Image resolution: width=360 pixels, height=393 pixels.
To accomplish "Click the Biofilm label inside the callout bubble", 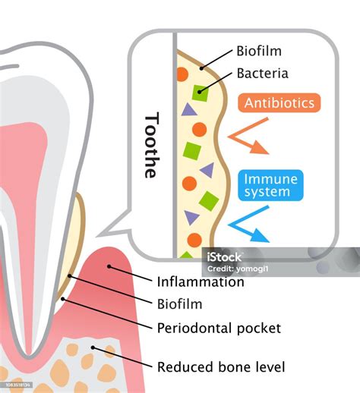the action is pos(259,51).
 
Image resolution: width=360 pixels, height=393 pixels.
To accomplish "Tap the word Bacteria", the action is pos(262,74).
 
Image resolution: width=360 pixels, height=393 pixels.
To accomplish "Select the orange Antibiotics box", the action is pos(279,102).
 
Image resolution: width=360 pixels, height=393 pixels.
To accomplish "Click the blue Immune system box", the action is pos(270,185).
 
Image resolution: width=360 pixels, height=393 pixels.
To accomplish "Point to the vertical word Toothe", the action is pos(152,145).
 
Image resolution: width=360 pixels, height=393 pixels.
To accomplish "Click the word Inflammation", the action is pos(201,281).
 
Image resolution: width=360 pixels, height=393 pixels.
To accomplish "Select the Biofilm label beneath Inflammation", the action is pos(179,304).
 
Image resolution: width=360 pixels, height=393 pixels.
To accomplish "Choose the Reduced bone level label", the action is pos(221,367).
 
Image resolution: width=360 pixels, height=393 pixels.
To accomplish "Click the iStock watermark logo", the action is pos(224,257).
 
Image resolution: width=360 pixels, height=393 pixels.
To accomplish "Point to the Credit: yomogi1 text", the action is pos(238,269).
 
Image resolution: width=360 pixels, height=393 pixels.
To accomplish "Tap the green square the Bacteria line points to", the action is pos(200,93).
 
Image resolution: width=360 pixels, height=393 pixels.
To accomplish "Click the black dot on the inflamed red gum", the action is pos(109,266).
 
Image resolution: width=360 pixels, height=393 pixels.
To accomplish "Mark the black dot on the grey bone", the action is pos(93,347).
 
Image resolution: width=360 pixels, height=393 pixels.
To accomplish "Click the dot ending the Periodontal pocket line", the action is pos(63,299).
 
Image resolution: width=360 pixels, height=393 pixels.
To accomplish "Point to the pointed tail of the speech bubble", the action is pos(96,237).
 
